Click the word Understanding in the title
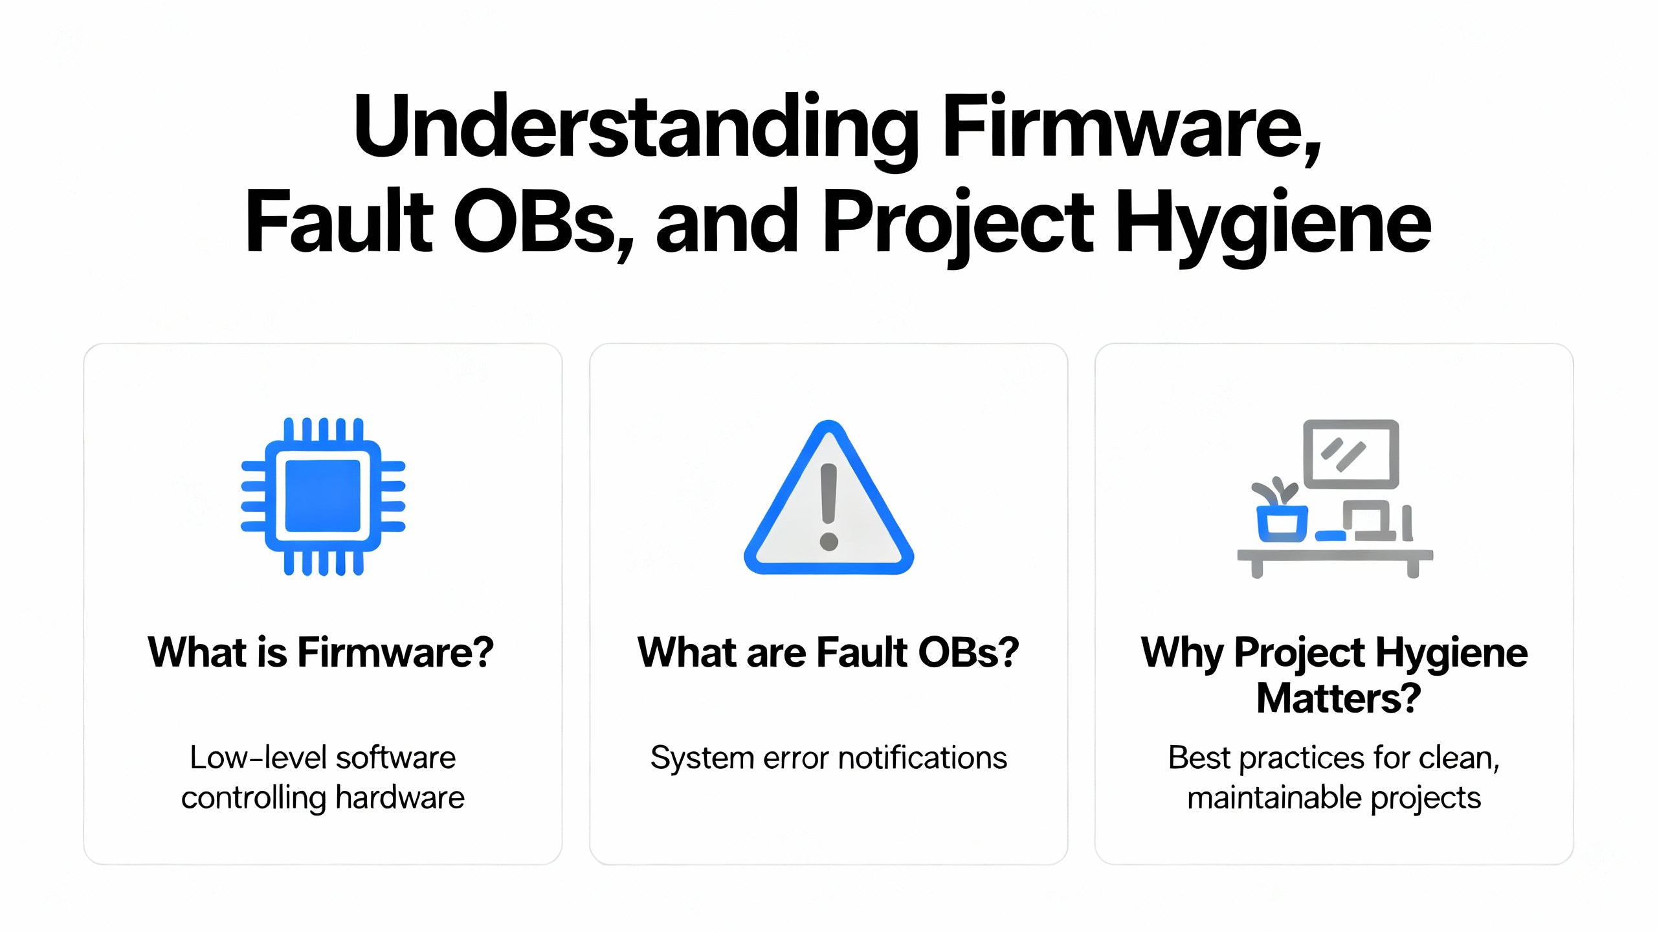[x=636, y=127]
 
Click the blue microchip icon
[x=323, y=496]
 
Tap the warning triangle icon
[x=829, y=497]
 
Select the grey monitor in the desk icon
[x=1351, y=454]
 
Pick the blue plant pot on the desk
[x=1282, y=523]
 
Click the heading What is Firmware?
[x=321, y=652]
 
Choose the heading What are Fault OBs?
[x=828, y=652]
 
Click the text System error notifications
[x=829, y=759]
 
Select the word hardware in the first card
[x=400, y=797]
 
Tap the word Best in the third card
[x=1199, y=757]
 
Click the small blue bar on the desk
[x=1331, y=536]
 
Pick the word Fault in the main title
[x=338, y=221]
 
